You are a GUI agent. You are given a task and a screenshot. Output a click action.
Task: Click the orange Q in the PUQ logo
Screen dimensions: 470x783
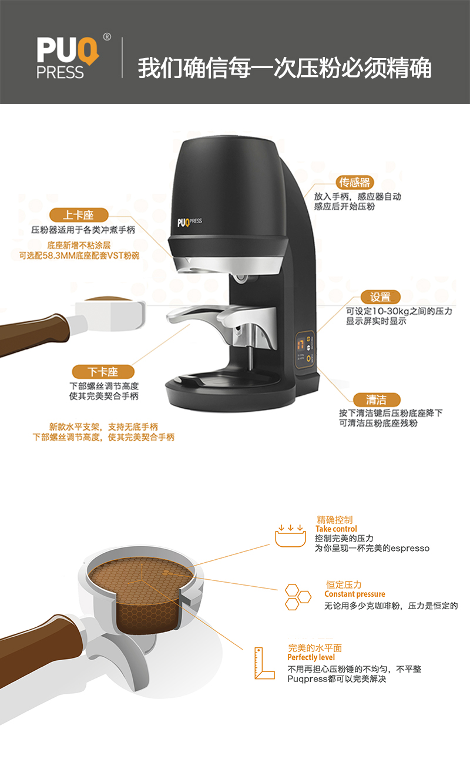tap(88, 51)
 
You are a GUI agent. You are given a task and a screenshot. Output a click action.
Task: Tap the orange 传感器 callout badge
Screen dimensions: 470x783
tap(355, 182)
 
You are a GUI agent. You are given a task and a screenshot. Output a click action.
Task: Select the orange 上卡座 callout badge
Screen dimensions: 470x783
tap(79, 215)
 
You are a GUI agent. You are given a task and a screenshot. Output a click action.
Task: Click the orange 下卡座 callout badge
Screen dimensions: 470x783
tap(103, 372)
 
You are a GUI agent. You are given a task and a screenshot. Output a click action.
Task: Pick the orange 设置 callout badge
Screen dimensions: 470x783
tap(381, 297)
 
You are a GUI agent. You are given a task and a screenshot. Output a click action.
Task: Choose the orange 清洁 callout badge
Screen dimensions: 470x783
tap(377, 399)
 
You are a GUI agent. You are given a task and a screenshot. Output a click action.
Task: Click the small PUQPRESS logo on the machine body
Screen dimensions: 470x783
tap(189, 222)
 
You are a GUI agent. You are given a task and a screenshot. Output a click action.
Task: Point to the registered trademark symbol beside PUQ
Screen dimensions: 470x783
tap(107, 36)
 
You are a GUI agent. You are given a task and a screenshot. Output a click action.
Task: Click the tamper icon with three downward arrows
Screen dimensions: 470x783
tap(291, 536)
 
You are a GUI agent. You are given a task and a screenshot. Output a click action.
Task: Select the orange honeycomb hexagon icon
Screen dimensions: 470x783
tap(298, 597)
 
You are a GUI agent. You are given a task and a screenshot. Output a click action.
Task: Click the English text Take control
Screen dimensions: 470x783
tap(336, 529)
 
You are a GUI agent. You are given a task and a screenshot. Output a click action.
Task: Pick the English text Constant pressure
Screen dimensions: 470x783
tap(355, 594)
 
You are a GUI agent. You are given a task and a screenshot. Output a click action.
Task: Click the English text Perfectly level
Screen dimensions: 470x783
tap(311, 657)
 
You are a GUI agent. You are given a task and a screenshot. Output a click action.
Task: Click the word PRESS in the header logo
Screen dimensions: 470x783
tap(60, 72)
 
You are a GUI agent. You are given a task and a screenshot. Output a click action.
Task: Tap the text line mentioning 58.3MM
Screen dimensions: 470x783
tap(79, 256)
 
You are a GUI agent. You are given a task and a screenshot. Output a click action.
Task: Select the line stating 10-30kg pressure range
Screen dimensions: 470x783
tap(399, 311)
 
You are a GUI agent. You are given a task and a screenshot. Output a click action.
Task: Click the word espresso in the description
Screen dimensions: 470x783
tap(410, 548)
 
